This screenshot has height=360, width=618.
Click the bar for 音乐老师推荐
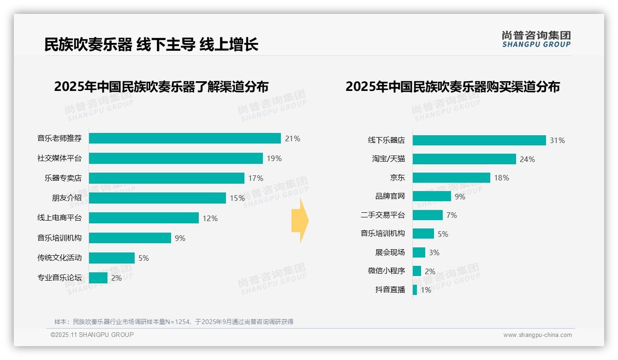[x=184, y=138]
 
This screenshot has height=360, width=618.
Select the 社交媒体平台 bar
[x=176, y=158]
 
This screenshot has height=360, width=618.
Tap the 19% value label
[x=274, y=158]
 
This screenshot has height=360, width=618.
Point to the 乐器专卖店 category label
[x=63, y=178]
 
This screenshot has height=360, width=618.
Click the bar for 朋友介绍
[x=157, y=198]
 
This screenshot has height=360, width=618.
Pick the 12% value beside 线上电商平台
[x=210, y=218]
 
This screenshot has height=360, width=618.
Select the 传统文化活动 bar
[x=112, y=258]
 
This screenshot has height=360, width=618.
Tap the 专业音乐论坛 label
[x=59, y=278]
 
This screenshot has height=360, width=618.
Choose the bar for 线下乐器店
[x=479, y=140]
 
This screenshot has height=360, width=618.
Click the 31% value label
[x=557, y=140]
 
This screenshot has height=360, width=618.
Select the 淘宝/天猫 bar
[x=464, y=159]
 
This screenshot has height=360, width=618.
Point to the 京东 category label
[x=397, y=178]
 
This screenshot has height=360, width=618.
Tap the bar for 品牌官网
[x=432, y=196]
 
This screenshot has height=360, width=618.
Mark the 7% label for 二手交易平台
[x=452, y=215]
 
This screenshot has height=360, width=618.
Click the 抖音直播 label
[x=390, y=290]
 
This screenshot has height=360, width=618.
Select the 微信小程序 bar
[x=417, y=271]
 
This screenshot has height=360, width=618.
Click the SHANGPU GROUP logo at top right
[x=536, y=39]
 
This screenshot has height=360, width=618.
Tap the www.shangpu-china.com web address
[x=537, y=335]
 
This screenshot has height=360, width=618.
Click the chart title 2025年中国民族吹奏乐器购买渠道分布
[x=452, y=87]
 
